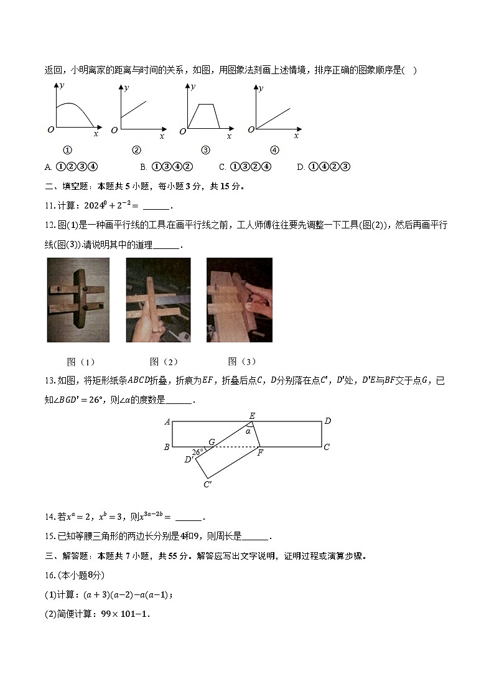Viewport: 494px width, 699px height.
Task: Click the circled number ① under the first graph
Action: click(68, 149)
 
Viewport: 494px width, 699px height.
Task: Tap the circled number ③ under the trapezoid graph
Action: click(205, 149)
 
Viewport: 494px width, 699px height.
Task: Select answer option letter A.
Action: click(48, 167)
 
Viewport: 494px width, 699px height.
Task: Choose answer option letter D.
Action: click(301, 167)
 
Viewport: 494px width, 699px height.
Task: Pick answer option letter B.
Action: click(143, 167)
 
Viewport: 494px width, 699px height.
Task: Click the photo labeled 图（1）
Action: click(78, 301)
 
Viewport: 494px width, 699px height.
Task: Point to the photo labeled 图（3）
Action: click(240, 301)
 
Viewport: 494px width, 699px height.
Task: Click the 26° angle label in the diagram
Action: click(198, 452)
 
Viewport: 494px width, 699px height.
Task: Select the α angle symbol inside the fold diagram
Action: click(248, 431)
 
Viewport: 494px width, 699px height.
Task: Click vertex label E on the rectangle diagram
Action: click(252, 415)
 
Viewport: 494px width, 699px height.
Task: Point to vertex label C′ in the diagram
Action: click(208, 484)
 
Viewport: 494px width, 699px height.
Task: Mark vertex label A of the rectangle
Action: click(167, 422)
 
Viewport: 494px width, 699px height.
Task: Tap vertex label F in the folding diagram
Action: click(260, 453)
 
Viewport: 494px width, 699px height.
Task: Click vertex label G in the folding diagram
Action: click(212, 441)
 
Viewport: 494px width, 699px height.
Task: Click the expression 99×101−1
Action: click(123, 613)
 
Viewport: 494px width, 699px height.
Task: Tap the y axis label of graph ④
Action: click(261, 88)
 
